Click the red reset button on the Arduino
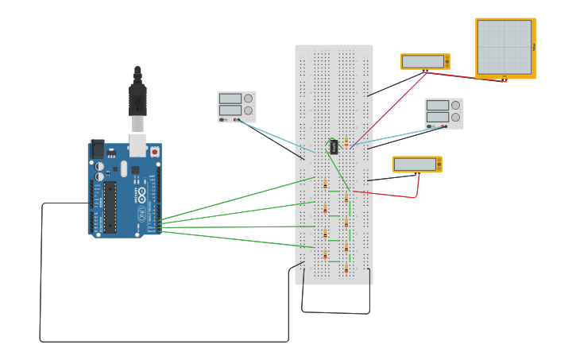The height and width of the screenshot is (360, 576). [154, 151]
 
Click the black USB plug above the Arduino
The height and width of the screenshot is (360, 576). [137, 99]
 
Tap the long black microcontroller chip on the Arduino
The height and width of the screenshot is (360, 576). [110, 207]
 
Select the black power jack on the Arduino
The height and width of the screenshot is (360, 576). [97, 148]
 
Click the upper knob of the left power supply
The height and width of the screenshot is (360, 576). [248, 99]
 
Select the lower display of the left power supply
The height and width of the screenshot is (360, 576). [230, 110]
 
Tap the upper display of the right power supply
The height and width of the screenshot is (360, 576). [437, 105]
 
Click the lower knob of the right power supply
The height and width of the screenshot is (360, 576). [455, 117]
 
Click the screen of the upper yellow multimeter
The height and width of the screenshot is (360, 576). [423, 61]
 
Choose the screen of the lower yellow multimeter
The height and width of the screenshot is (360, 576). [415, 165]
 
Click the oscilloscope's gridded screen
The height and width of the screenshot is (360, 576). [504, 47]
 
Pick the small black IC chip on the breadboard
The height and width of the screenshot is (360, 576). [334, 146]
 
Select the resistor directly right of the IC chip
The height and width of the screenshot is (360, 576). [346, 141]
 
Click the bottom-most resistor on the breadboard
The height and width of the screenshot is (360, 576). [346, 269]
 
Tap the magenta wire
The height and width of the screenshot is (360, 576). [389, 108]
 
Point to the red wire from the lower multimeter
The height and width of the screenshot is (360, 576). [389, 194]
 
